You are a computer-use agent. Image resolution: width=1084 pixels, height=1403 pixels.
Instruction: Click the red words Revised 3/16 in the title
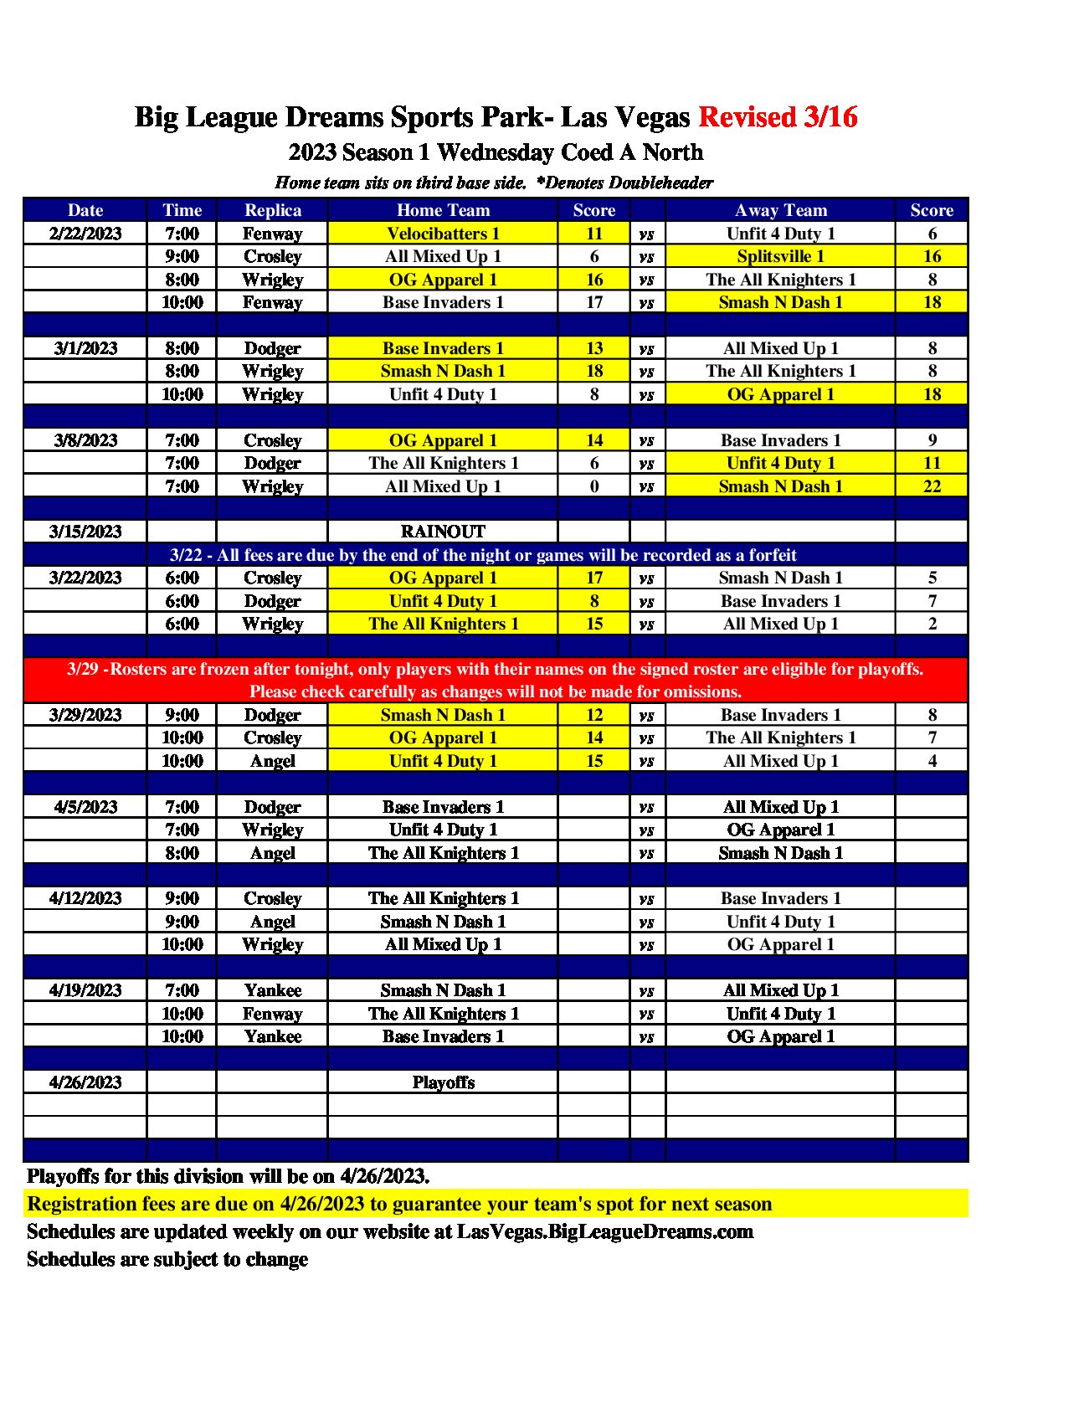coord(778,117)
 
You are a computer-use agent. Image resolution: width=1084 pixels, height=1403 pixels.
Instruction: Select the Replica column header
coord(272,210)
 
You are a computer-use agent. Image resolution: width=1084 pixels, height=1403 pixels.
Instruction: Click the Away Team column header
coord(780,210)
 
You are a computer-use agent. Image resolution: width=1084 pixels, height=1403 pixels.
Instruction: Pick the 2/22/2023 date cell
coord(85,234)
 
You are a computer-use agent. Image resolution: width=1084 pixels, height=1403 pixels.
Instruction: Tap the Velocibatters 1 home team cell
coord(443,234)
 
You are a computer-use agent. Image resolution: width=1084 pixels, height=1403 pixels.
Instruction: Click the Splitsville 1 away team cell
coord(780,256)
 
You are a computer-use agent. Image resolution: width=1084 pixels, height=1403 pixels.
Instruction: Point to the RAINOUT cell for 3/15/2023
coord(443,532)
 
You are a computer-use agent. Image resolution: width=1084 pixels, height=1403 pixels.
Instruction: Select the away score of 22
coord(932,486)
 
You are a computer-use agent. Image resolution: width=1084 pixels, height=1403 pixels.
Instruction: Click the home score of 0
coord(594,486)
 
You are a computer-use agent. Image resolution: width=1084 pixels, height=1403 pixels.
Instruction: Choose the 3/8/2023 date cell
coord(85,440)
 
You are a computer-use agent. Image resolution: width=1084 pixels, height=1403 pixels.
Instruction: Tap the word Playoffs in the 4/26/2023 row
coord(443,1082)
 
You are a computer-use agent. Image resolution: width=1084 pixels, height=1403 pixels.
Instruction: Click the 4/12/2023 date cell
coord(85,898)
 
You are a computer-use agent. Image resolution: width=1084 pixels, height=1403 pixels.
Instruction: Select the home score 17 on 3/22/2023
coord(594,578)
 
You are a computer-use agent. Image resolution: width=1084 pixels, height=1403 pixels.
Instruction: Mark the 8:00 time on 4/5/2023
coord(182,853)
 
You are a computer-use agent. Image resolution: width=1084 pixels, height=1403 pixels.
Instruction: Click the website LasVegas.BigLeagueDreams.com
coord(604,1231)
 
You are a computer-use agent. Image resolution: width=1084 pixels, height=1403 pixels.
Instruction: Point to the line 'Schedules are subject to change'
coord(167,1259)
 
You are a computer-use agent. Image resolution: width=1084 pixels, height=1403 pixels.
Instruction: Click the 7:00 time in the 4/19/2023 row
coord(182,990)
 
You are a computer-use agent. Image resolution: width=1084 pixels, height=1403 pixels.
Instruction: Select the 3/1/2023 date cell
coord(85,348)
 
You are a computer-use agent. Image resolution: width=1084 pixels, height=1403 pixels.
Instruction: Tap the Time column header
coord(182,210)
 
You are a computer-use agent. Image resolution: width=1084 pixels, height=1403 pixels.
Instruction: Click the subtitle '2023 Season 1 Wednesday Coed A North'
coord(496,152)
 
